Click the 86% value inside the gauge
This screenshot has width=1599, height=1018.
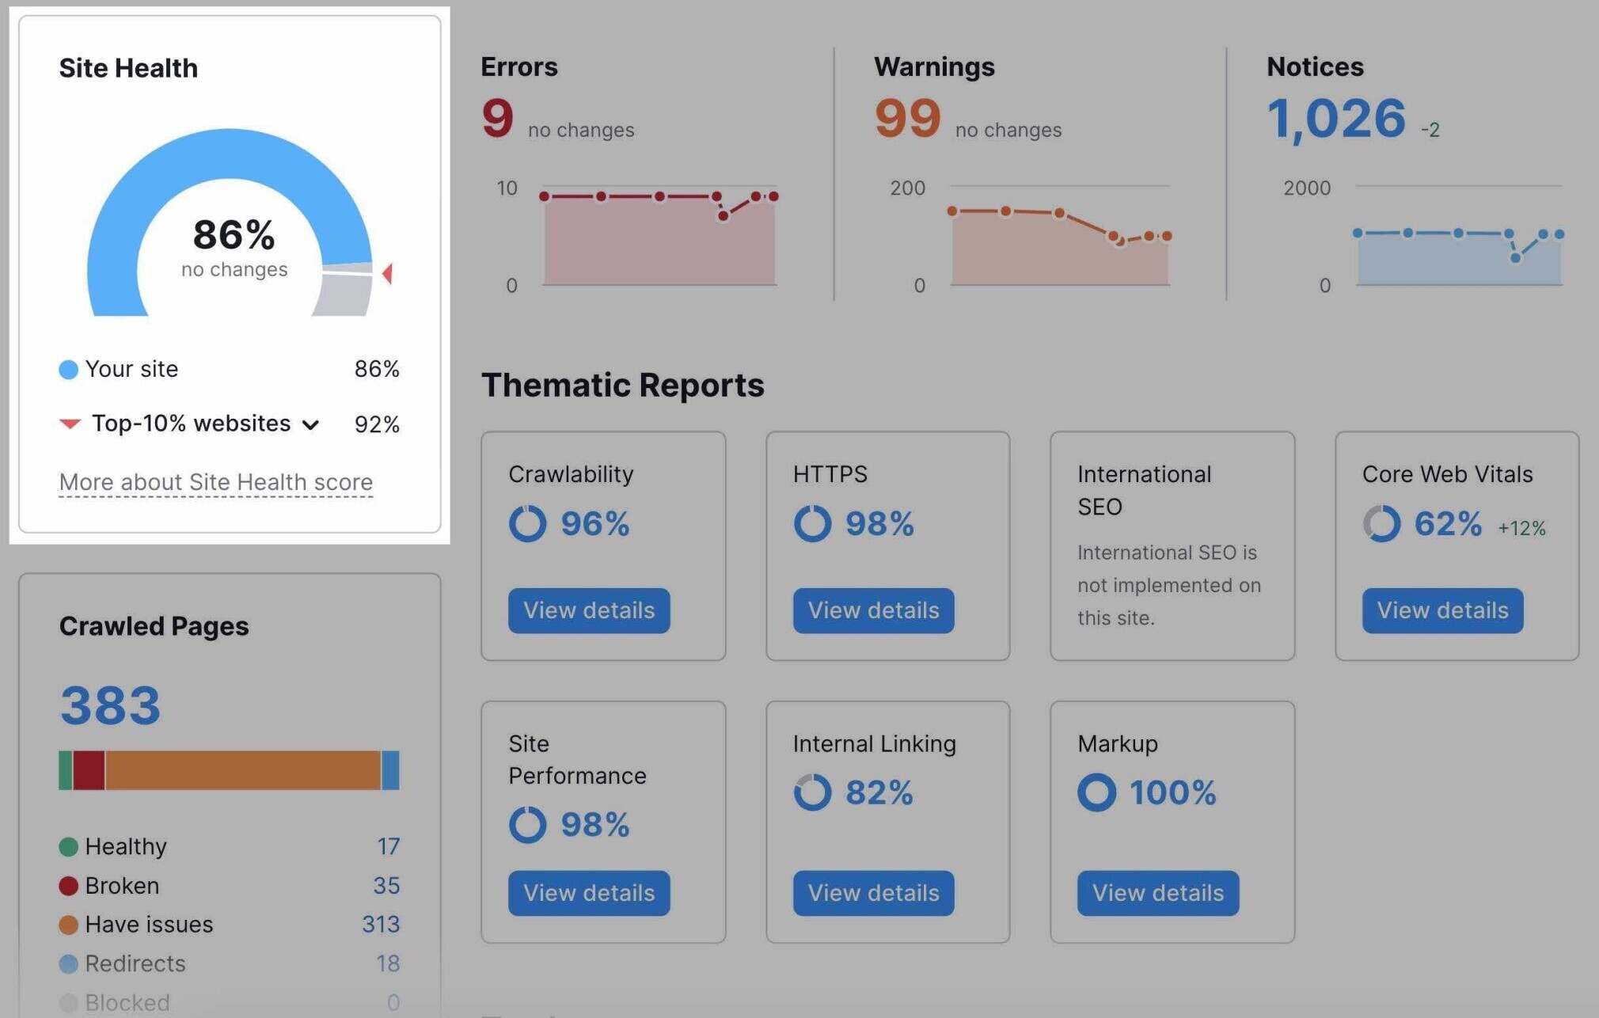click(x=234, y=235)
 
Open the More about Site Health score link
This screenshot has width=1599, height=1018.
click(x=215, y=482)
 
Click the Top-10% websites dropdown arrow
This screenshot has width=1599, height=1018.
click(x=311, y=425)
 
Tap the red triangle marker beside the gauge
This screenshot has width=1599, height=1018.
click(x=387, y=274)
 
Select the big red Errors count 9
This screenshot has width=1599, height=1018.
click(x=498, y=118)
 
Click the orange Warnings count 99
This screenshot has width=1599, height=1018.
click(x=907, y=118)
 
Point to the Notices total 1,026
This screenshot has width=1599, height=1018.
click(x=1336, y=118)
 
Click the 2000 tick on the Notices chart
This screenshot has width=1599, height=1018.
click(x=1306, y=188)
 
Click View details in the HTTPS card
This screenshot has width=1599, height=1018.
click(x=873, y=610)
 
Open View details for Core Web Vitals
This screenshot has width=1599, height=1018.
click(x=1442, y=610)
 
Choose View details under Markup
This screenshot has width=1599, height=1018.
click(x=1157, y=893)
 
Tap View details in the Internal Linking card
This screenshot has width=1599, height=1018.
click(x=873, y=893)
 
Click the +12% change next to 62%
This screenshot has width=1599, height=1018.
click(x=1521, y=528)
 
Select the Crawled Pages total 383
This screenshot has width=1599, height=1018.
click(x=111, y=705)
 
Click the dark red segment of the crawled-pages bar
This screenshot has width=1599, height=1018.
click(x=89, y=770)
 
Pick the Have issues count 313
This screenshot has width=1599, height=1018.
click(x=381, y=925)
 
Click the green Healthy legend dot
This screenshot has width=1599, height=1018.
click(x=69, y=847)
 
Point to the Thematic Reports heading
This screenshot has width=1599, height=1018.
click(x=622, y=386)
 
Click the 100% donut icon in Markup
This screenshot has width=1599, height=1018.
click(x=1096, y=792)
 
